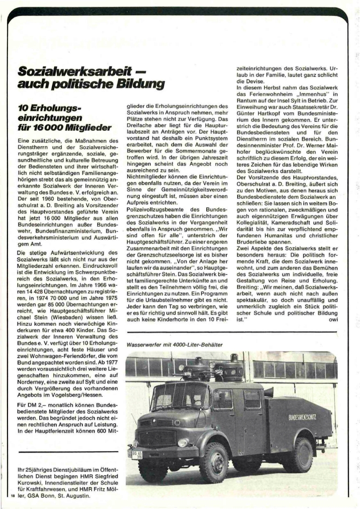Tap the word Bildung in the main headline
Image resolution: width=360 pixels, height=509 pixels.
[x=142, y=85]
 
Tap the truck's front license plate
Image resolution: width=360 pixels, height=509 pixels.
[x=137, y=453]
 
